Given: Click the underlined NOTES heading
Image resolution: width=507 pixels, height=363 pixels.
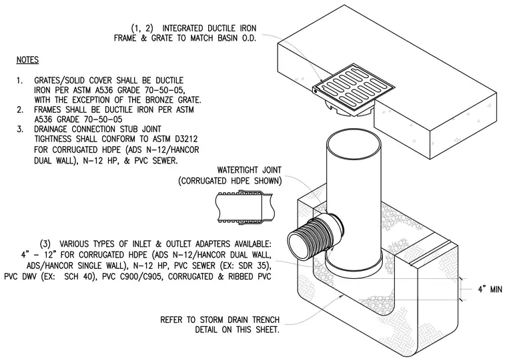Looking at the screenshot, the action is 27,60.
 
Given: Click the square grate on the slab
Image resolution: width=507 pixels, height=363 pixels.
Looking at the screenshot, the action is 354,89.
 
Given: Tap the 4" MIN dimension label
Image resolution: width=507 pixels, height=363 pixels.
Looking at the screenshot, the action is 490,289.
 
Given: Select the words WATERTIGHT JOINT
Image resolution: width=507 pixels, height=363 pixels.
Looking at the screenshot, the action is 249,170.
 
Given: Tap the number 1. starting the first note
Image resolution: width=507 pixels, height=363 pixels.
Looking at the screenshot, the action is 20,81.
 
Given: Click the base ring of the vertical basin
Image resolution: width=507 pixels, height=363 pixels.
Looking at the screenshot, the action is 354,264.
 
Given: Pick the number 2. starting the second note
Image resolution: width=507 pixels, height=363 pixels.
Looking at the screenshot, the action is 20,110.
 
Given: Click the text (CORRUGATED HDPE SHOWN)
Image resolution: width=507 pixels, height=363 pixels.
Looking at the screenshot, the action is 230,181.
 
